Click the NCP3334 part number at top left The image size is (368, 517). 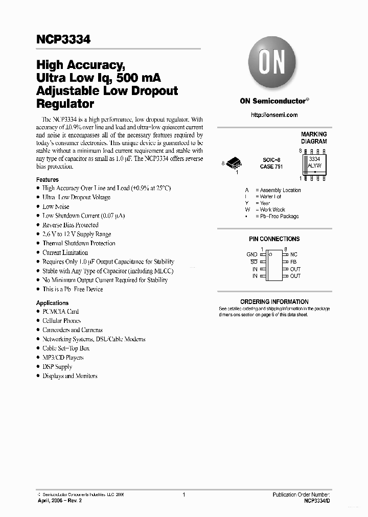63,39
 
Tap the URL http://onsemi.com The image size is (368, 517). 274,115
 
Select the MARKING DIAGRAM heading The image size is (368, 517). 314,138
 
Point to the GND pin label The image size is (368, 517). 251,254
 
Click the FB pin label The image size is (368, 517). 293,262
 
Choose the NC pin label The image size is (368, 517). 293,254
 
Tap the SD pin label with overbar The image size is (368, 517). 254,262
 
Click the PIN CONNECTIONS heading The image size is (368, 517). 274,239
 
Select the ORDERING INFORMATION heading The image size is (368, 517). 274,302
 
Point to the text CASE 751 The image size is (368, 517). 271,167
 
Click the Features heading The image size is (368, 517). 47,180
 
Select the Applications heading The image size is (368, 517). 52,303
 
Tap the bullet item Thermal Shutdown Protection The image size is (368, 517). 79,244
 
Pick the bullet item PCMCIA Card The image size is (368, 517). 60,312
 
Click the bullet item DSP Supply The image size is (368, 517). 57,367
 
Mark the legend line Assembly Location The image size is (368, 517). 280,190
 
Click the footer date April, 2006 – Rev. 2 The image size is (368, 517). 59,501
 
